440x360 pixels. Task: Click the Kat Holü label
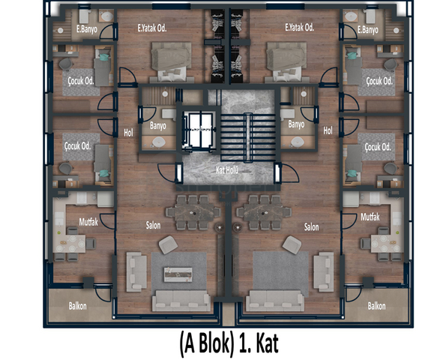(x=227, y=170)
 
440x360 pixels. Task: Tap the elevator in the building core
(x=199, y=130)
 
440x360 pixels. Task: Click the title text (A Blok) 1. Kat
(x=229, y=343)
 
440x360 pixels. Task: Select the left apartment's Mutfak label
(x=88, y=222)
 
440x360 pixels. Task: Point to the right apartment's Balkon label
(x=376, y=306)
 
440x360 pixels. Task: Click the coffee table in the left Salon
(x=178, y=274)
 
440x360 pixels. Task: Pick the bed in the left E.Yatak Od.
(x=171, y=61)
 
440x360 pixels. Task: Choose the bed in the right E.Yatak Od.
(x=286, y=61)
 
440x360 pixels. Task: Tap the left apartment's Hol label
(x=128, y=133)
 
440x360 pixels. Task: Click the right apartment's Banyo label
(x=296, y=124)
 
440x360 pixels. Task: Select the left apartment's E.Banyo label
(x=87, y=29)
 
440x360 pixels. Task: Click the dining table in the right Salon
(x=264, y=212)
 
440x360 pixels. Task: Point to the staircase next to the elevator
(x=248, y=137)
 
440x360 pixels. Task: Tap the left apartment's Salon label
(x=153, y=225)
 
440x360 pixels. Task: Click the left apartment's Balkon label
(x=77, y=306)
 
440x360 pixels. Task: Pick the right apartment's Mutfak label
(x=370, y=217)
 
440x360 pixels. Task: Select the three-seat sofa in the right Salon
(x=275, y=301)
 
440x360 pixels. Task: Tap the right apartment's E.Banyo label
(x=368, y=29)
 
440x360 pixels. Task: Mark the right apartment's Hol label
(x=328, y=130)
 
